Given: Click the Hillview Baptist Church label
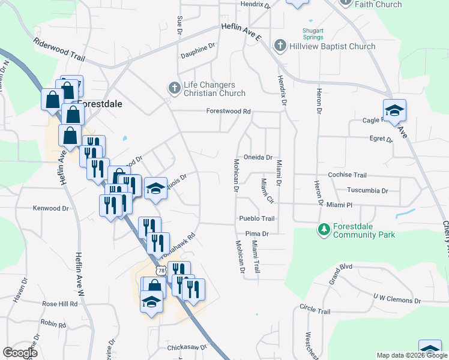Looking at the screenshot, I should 331,46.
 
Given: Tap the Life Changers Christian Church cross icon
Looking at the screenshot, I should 174,89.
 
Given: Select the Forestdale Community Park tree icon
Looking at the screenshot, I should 324,230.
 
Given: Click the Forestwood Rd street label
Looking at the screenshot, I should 228,111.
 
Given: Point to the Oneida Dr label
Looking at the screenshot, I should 258,157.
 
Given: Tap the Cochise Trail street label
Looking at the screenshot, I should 347,175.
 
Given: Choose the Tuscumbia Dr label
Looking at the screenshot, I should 367,191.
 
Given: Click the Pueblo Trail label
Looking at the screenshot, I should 256,219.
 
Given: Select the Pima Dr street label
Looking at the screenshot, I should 256,233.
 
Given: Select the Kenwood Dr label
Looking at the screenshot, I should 51,208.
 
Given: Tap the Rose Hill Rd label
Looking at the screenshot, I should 60,304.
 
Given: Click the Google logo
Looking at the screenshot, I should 20,353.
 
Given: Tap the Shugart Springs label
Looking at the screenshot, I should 312,34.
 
